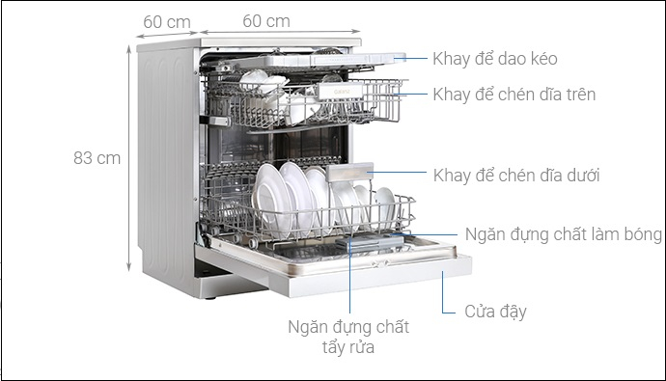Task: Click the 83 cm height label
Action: pyautogui.click(x=97, y=158)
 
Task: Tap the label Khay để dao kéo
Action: pyautogui.click(x=494, y=59)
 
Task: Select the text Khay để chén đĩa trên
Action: pyautogui.click(x=513, y=95)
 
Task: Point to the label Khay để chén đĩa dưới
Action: pyautogui.click(x=516, y=176)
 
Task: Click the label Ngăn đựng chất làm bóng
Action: pyautogui.click(x=563, y=234)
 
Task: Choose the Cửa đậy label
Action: pyautogui.click(x=495, y=312)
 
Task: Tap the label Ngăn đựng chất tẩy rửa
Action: pyautogui.click(x=348, y=337)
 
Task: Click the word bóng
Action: pyautogui.click(x=641, y=234)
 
